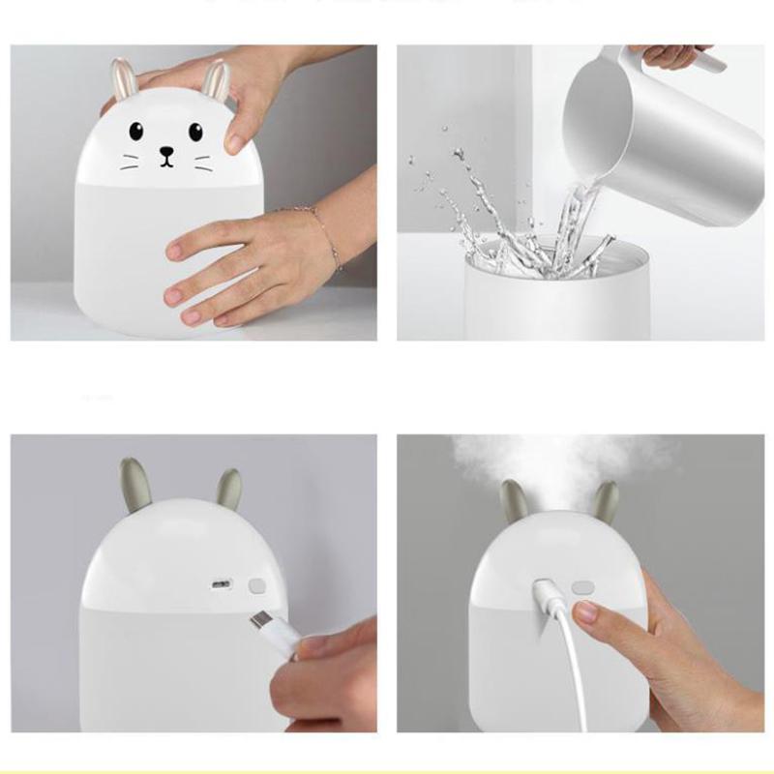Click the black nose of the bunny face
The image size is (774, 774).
[167, 151]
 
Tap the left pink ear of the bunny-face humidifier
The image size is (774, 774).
[122, 79]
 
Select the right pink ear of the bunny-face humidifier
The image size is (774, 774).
[216, 81]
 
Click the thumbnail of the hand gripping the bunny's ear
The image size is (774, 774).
[236, 142]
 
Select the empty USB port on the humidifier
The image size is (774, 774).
[223, 585]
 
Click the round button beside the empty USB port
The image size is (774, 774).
[256, 586]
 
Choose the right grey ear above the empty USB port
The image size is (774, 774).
[228, 489]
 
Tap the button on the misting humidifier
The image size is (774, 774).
[581, 586]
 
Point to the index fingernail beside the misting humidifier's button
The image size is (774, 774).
[585, 611]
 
